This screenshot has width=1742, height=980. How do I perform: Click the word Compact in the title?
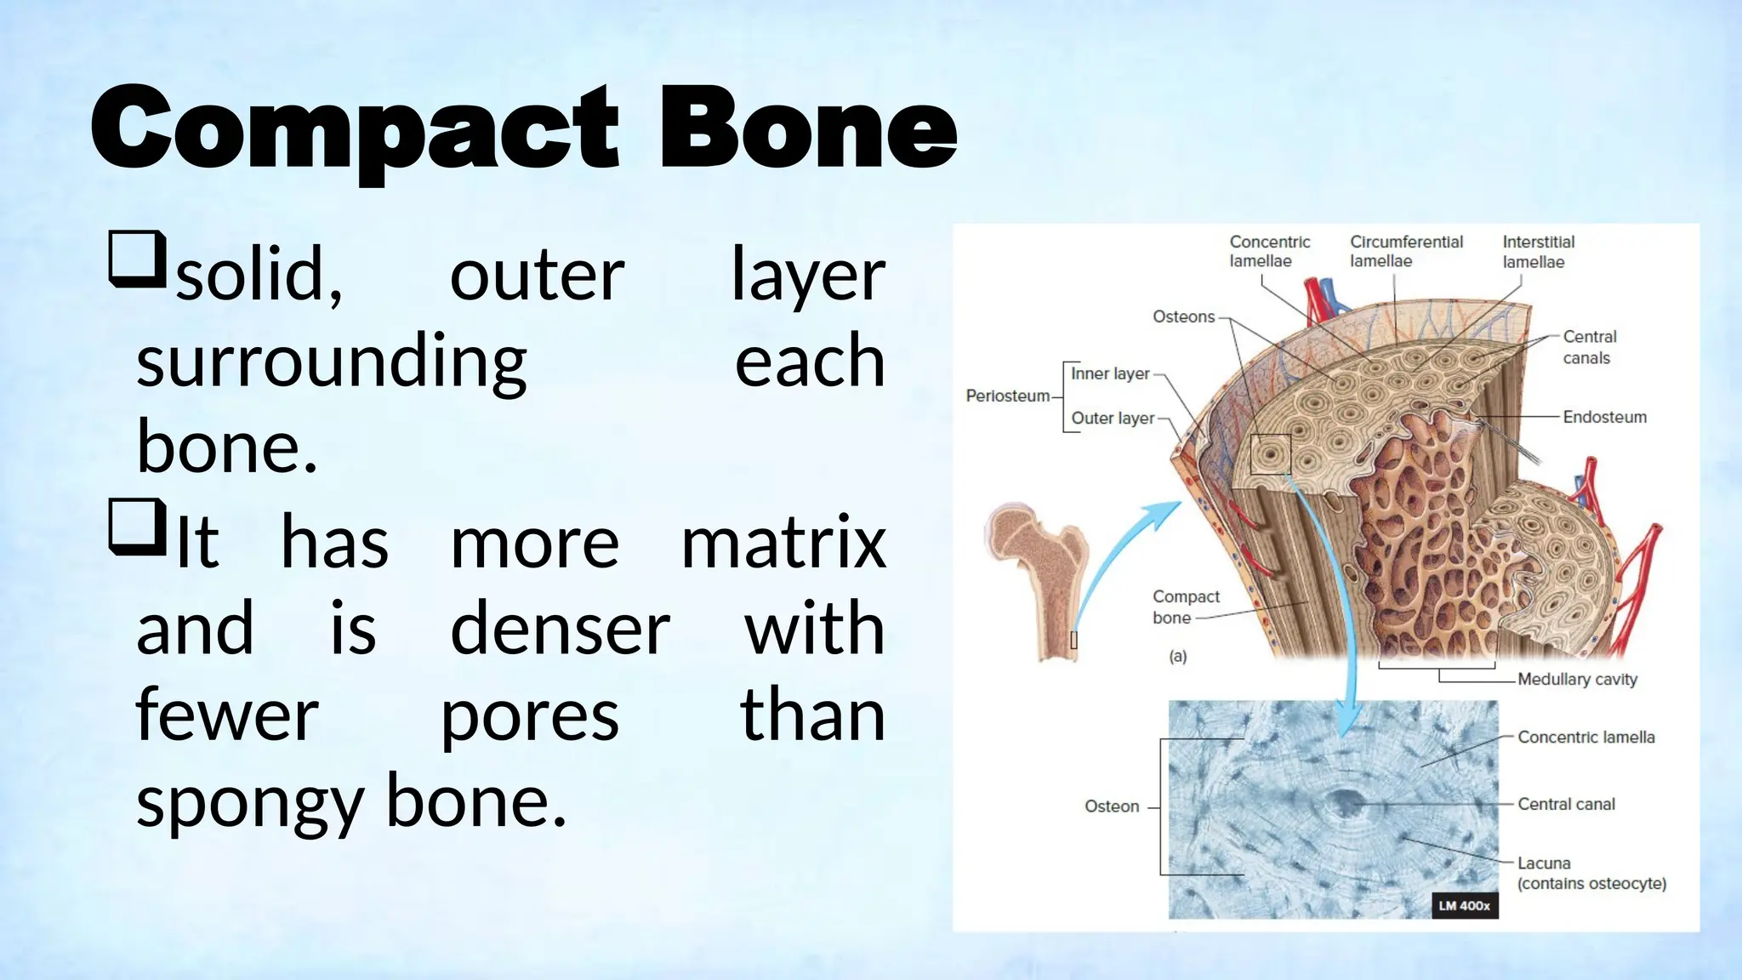point(353,129)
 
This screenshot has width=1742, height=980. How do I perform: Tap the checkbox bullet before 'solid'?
point(136,259)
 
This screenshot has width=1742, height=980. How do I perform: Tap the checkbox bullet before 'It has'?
point(136,527)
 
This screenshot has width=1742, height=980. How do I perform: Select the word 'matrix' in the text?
point(783,543)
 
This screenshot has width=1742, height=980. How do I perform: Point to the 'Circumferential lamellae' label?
point(1405,252)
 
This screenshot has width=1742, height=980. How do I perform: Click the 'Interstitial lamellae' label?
point(1538,252)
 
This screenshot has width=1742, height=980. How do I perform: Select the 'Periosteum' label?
point(1007,396)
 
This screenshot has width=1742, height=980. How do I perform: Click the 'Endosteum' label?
point(1604,417)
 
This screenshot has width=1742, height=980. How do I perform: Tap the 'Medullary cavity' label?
point(1577,679)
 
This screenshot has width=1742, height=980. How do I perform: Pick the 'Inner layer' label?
point(1109,373)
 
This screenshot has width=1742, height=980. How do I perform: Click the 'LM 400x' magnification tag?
point(1464,905)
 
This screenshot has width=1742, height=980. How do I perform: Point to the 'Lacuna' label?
point(1544,863)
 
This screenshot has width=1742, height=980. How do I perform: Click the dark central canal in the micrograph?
point(1345,801)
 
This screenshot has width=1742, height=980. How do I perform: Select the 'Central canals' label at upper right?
point(1588,347)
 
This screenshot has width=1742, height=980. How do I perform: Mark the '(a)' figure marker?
point(1177,656)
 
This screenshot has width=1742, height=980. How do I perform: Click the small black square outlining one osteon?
point(1270,454)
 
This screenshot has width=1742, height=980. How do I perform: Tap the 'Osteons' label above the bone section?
point(1183,316)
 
